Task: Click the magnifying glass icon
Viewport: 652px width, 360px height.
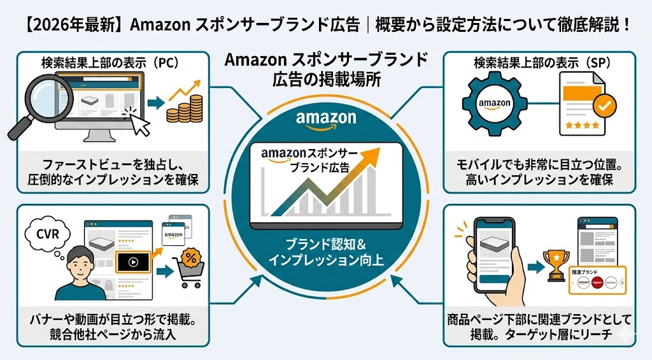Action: [36, 102]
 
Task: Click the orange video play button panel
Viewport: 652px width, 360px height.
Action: [132, 262]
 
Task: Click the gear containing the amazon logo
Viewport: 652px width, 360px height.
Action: [495, 103]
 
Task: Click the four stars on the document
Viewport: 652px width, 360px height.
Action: [578, 126]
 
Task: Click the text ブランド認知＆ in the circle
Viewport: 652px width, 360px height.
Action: [325, 245]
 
